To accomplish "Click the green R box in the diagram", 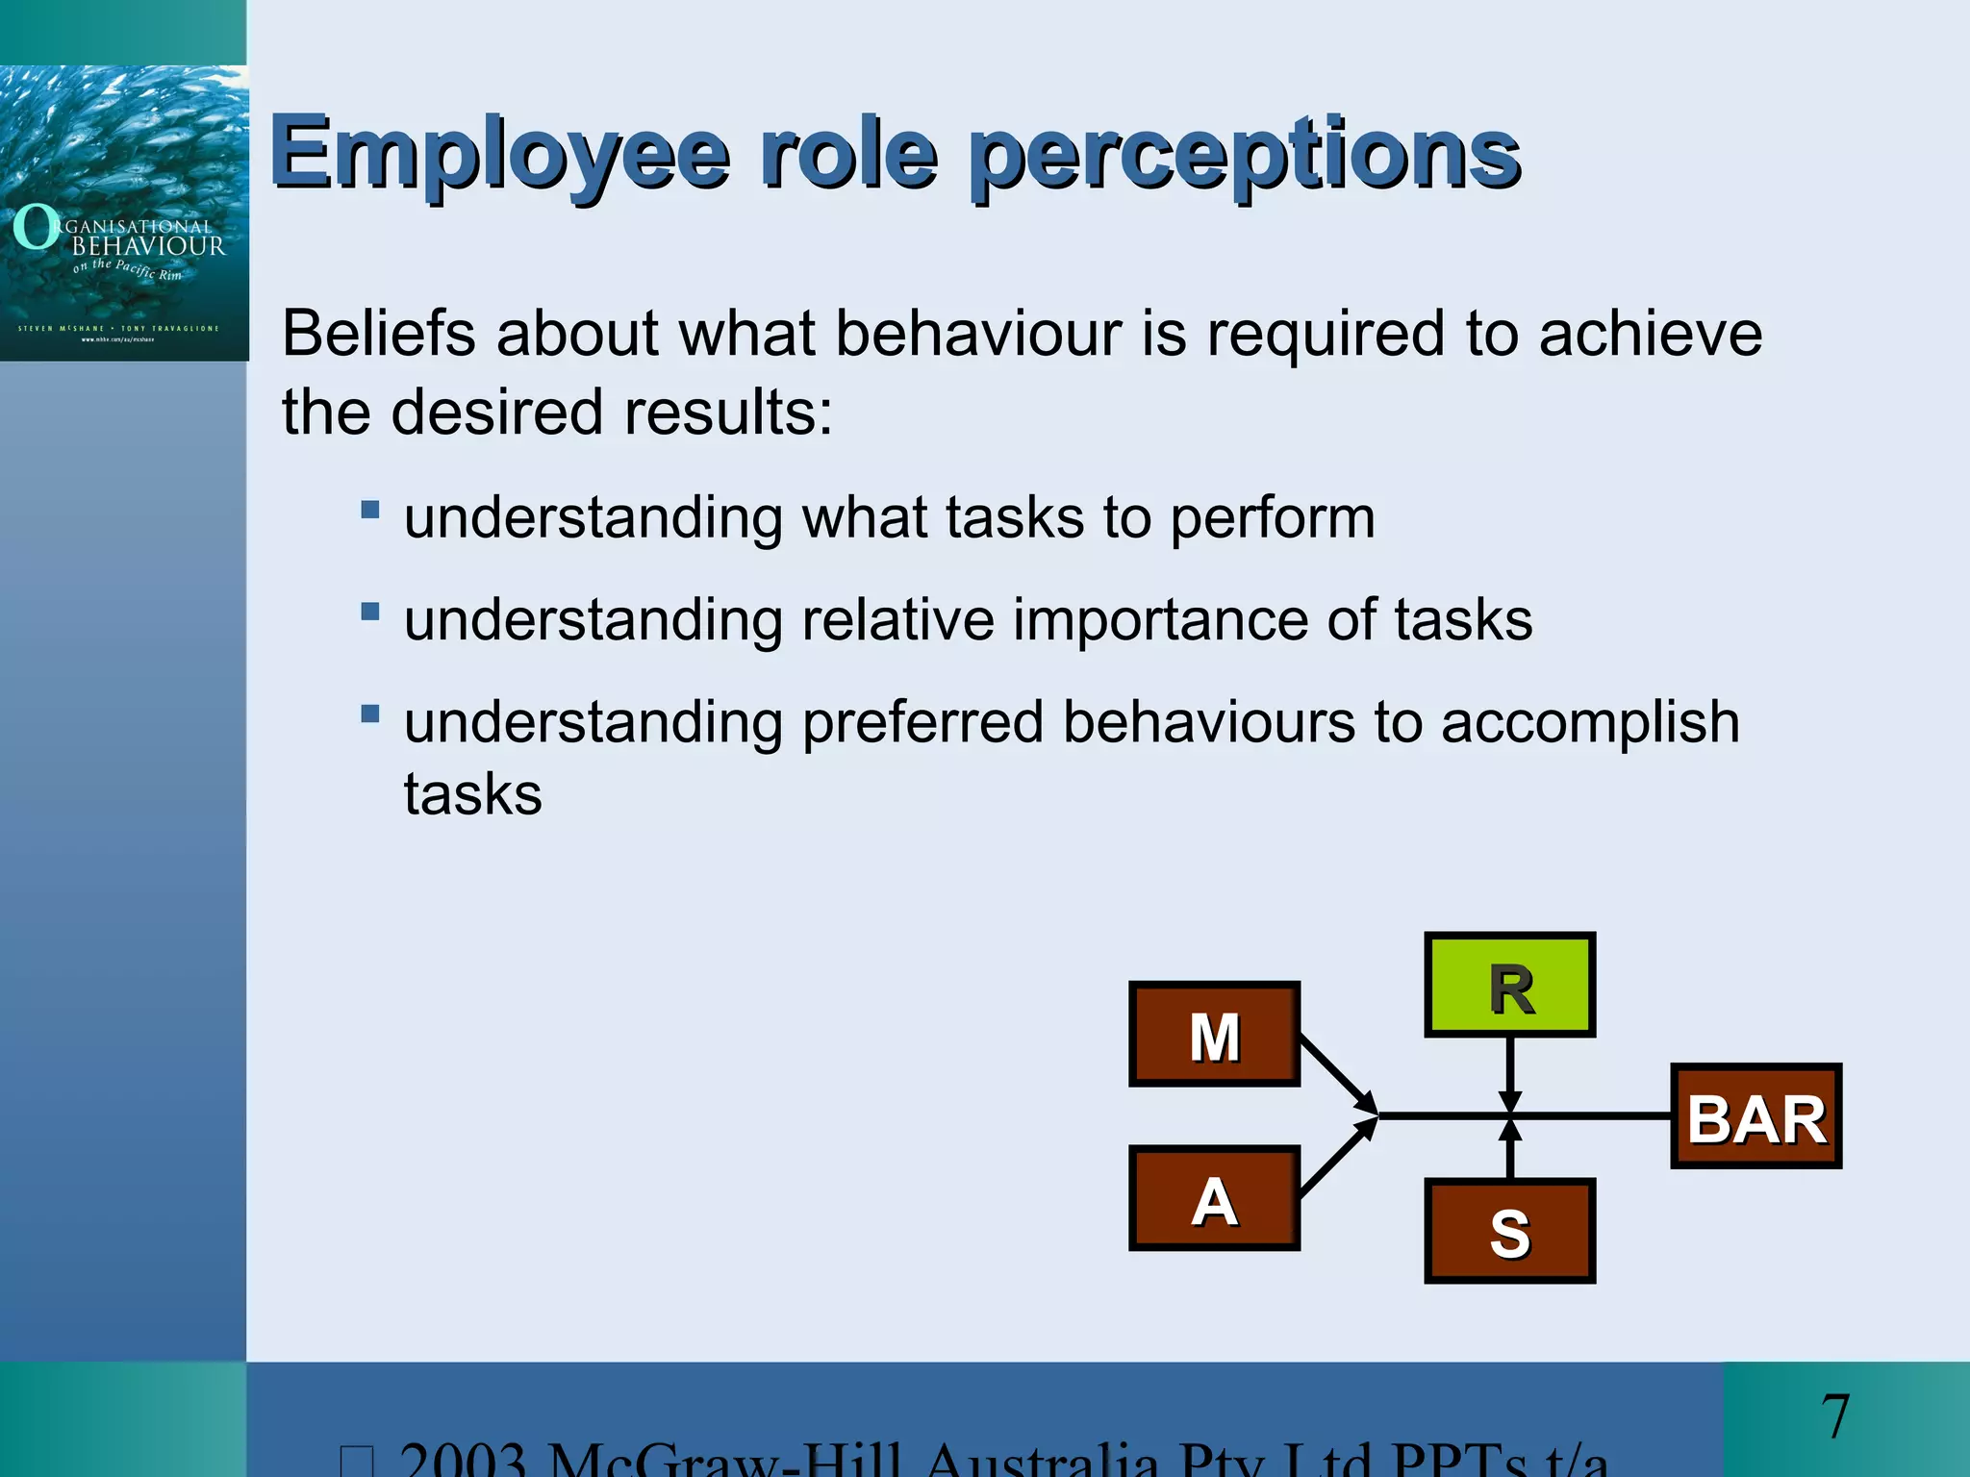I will (x=1509, y=985).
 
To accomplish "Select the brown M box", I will (x=1214, y=1035).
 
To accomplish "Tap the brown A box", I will (x=1214, y=1198).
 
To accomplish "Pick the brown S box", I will (x=1509, y=1231).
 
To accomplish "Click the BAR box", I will (x=1755, y=1116).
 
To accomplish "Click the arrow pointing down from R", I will (x=1510, y=1073).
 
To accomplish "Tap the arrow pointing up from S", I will (x=1510, y=1150).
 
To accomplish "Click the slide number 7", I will (x=1834, y=1416).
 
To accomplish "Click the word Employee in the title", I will (x=500, y=154).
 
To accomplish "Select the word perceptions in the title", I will (x=1245, y=154).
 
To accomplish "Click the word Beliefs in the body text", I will (x=379, y=334).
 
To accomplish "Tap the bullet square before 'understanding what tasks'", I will (x=370, y=509).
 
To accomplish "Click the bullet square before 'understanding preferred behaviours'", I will (x=370, y=713).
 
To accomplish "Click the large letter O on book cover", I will (x=36, y=227).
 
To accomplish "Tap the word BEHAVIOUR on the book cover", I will (x=148, y=246).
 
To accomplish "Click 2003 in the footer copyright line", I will (x=463, y=1460).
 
